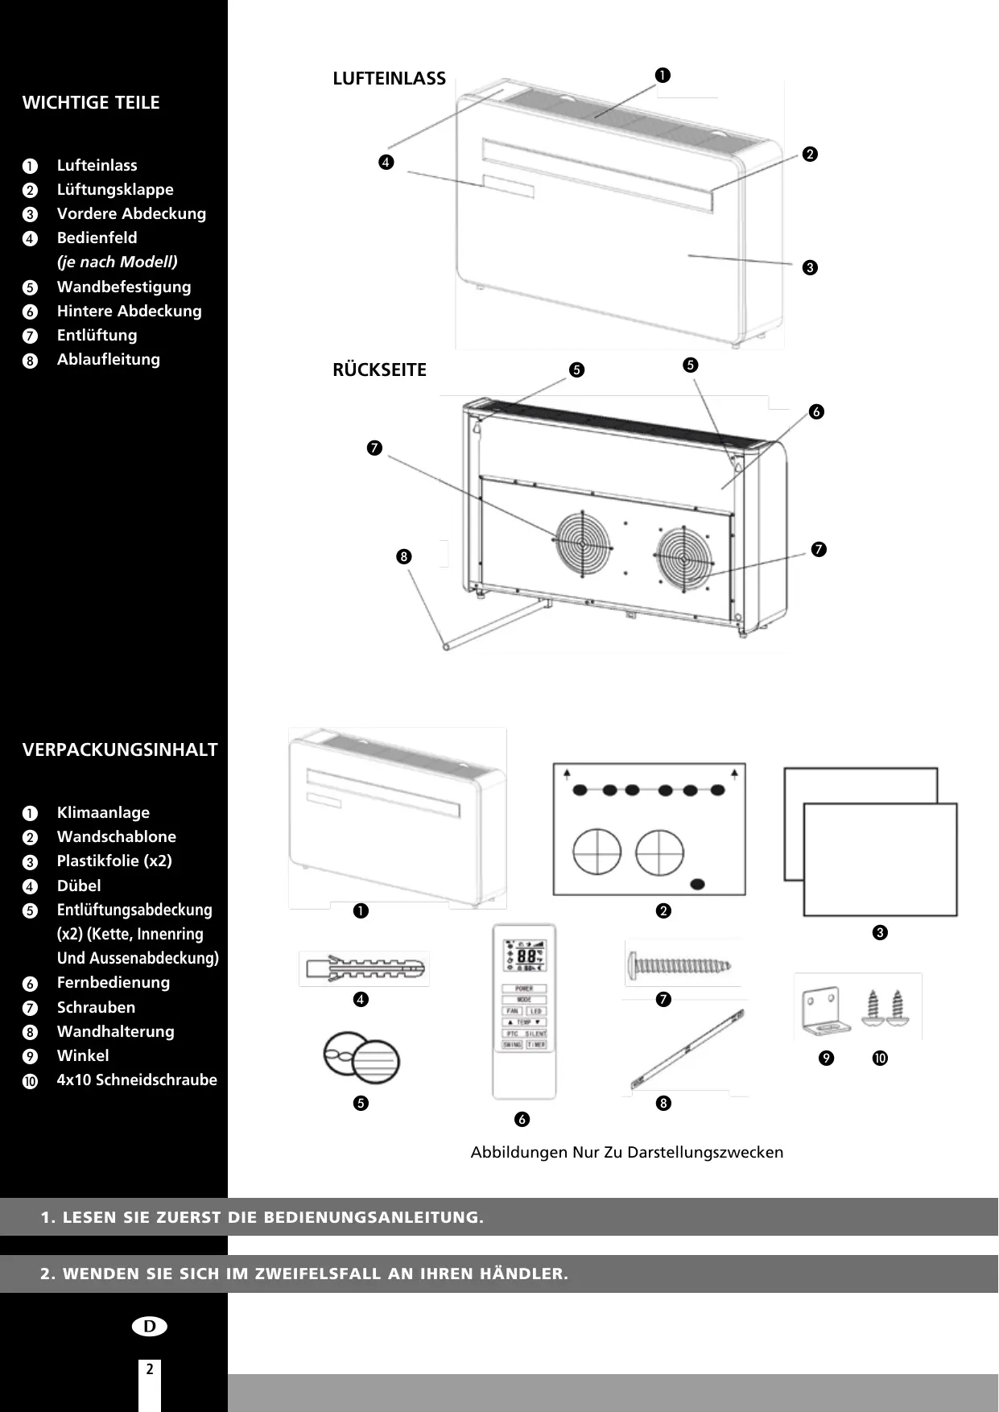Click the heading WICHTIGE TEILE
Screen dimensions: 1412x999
point(91,103)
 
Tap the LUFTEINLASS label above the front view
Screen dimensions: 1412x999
point(389,79)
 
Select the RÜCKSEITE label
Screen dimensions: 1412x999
point(379,370)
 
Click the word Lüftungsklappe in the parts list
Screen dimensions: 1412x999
point(115,190)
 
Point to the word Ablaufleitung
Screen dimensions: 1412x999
point(108,360)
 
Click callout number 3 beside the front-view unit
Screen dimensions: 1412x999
point(810,267)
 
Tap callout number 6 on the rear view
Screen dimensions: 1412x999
point(816,412)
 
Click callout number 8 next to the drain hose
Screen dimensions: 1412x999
point(403,556)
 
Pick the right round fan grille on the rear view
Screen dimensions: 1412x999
point(683,556)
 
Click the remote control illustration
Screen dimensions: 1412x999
point(524,1011)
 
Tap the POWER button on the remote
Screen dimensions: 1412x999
point(524,989)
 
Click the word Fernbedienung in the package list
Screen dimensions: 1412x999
point(113,983)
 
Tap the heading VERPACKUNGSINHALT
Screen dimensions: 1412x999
point(120,750)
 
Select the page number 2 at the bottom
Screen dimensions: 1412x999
point(150,1369)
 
